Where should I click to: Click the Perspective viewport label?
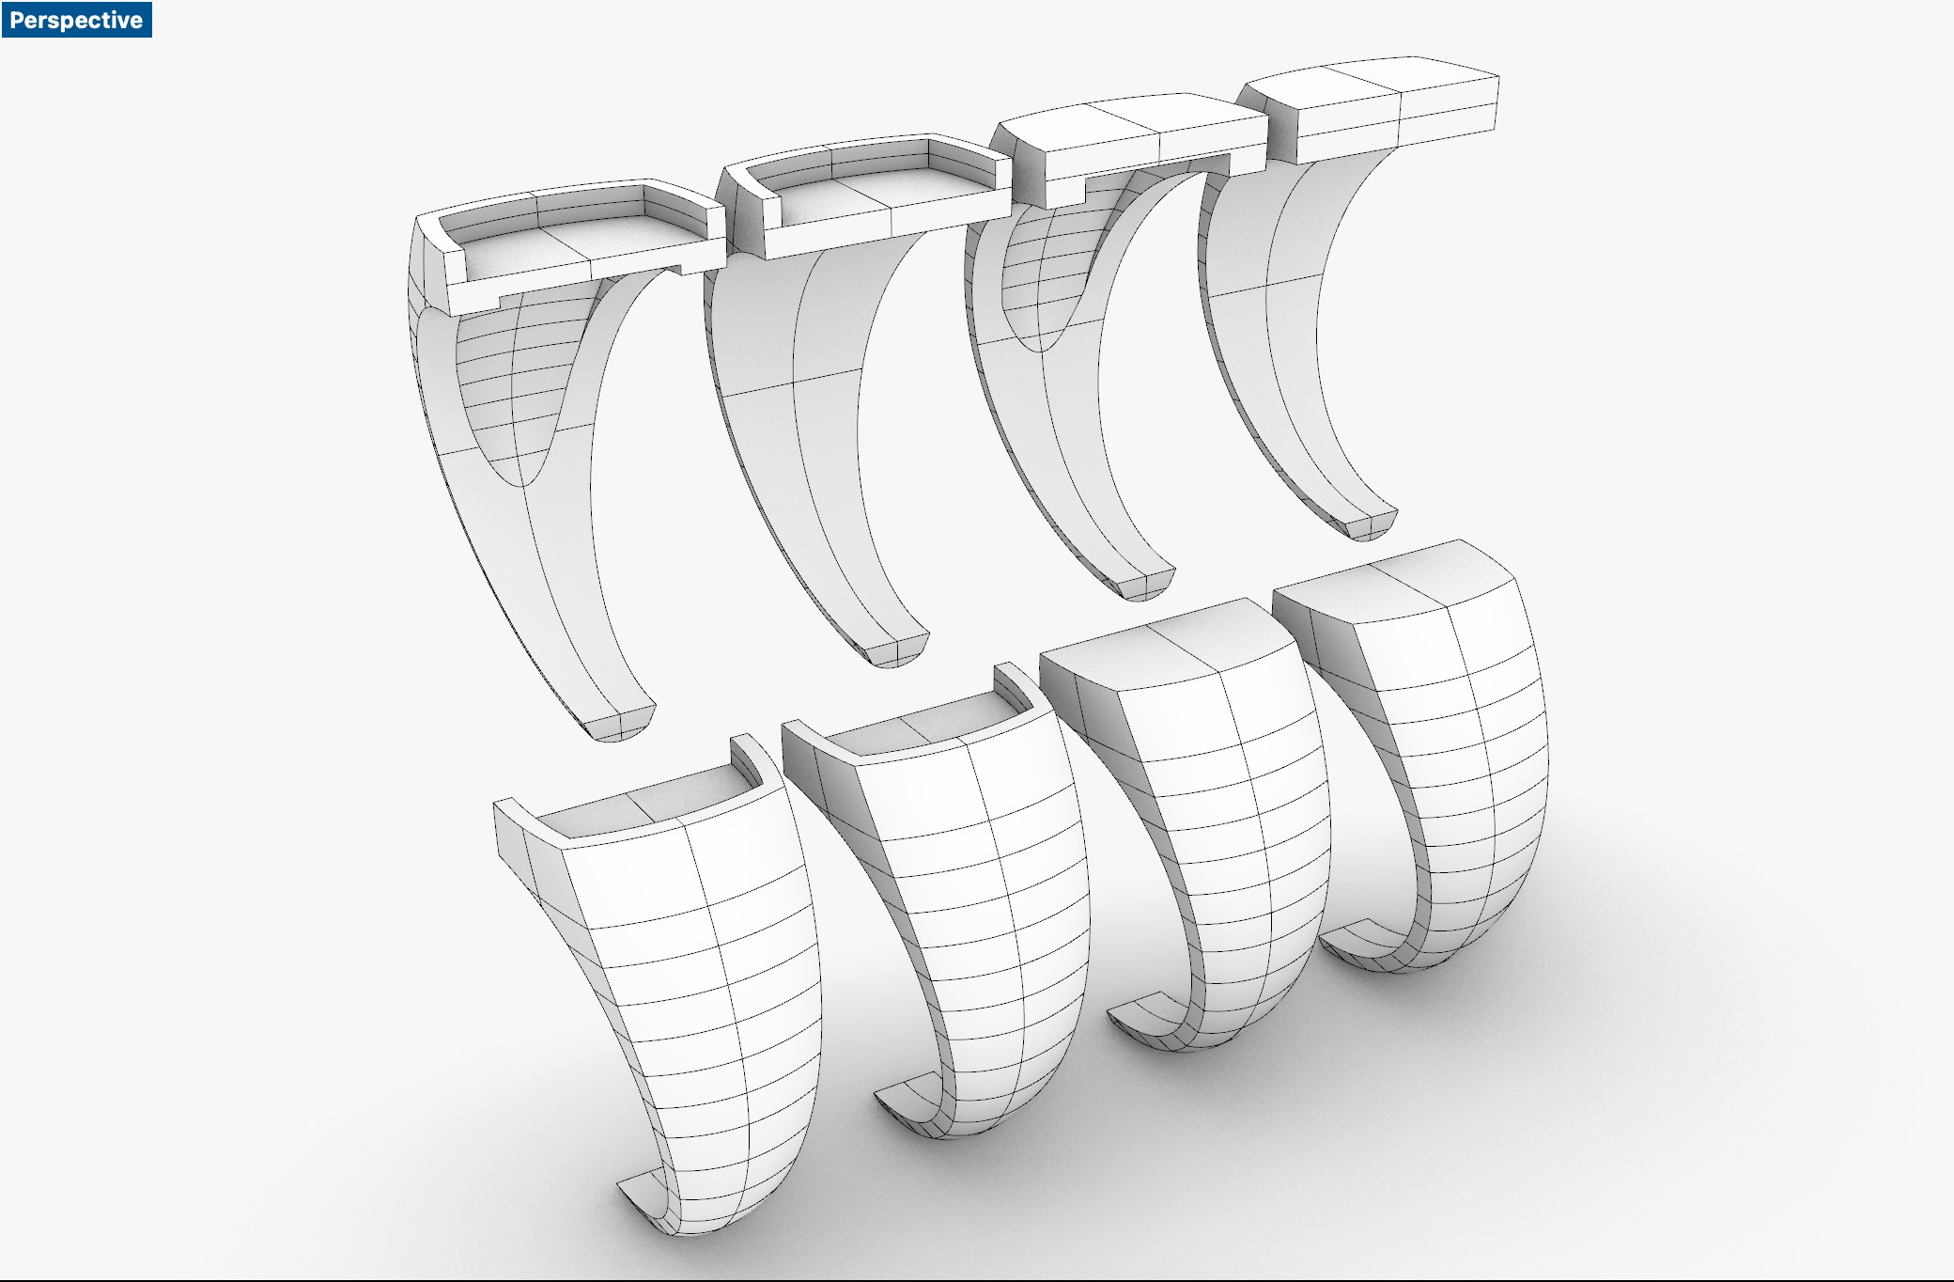point(75,20)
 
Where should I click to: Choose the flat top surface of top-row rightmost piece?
point(1362,75)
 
